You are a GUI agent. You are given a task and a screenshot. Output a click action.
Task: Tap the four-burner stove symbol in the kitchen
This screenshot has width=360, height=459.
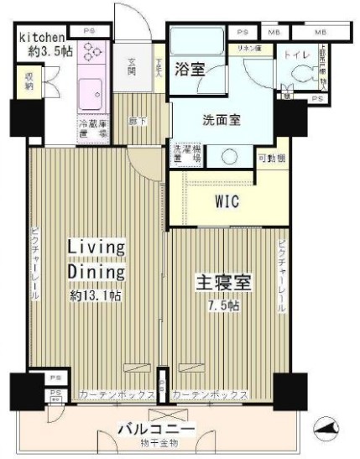91,52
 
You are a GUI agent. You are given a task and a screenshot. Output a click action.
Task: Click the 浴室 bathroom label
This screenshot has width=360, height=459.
190,70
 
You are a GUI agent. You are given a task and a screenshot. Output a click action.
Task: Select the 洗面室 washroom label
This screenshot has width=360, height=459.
222,120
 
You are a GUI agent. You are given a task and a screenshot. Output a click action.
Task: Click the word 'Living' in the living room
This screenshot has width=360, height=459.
97,248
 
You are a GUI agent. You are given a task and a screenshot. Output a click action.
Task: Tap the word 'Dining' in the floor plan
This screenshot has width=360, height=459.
97,272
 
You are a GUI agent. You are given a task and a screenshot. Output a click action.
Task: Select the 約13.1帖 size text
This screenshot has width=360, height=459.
97,295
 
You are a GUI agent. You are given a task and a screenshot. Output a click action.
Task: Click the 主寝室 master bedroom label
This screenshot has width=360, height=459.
225,283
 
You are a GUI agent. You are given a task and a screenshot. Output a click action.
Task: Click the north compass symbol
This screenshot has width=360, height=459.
326,430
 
